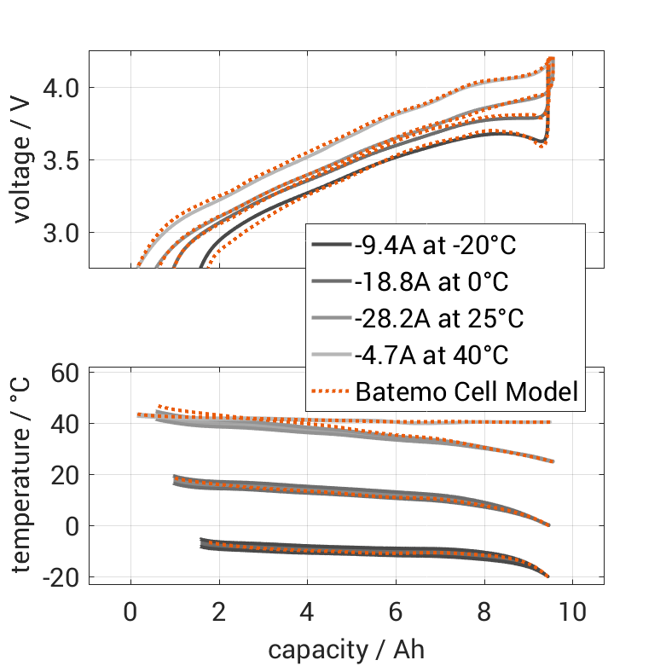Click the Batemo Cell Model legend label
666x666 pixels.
coord(467,392)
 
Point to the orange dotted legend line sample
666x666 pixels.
coord(331,392)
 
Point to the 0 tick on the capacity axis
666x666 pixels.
coord(130,611)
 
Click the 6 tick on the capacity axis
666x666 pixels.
coord(396,611)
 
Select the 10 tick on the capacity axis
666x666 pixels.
coord(572,611)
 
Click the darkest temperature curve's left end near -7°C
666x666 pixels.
coord(202,542)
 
